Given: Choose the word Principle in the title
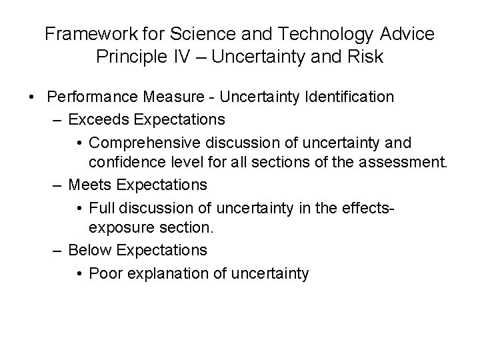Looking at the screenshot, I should click(x=133, y=57).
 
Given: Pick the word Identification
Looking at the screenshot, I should click(x=350, y=97).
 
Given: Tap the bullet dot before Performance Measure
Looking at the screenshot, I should click(x=33, y=97).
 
